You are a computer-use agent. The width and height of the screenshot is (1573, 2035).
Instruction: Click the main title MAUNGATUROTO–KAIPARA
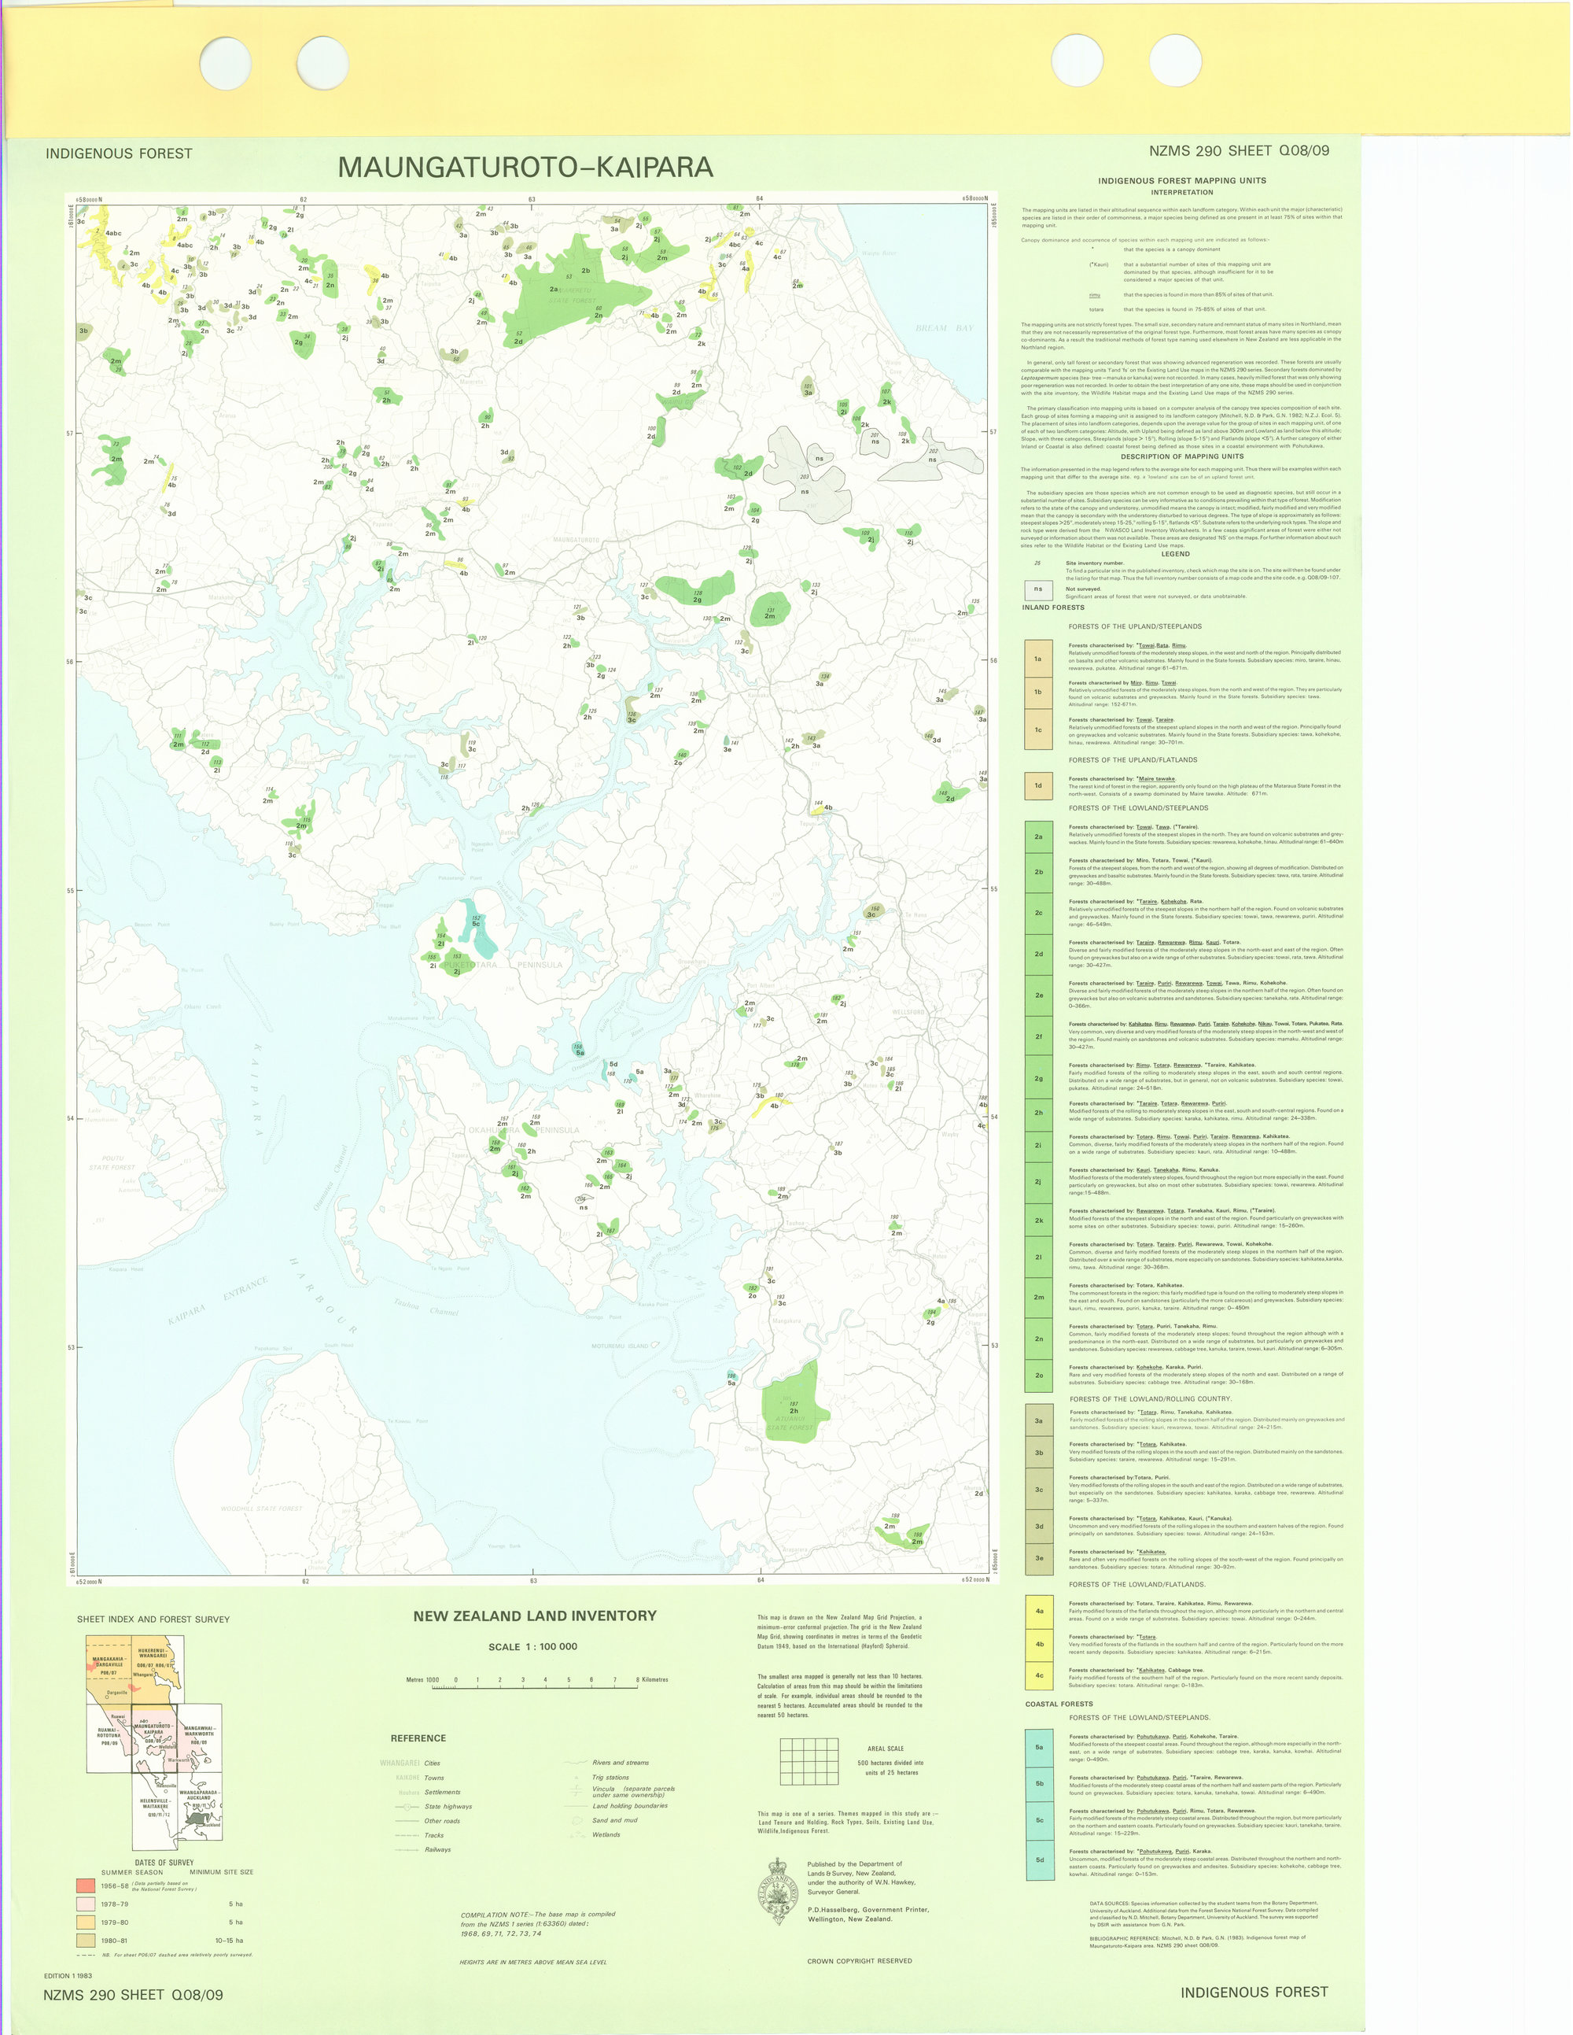click(x=525, y=168)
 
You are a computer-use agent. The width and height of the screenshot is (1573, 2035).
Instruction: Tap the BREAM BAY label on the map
click(x=944, y=328)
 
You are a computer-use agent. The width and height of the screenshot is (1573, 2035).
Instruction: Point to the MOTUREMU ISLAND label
click(x=619, y=1346)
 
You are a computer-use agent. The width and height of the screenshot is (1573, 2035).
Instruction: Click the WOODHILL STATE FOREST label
click(x=262, y=1509)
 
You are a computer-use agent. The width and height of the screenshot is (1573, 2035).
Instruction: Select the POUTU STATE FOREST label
click(x=112, y=1163)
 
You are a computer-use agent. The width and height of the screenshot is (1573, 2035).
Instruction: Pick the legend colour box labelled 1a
click(x=1038, y=659)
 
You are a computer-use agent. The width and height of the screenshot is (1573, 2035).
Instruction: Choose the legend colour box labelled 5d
click(x=1038, y=1860)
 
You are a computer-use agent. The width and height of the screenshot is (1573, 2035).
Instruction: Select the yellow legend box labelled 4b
click(x=1038, y=1644)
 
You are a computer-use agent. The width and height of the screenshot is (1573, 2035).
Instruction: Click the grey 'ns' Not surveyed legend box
click(x=1037, y=589)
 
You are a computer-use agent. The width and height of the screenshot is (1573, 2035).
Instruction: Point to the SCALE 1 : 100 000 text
click(x=532, y=1646)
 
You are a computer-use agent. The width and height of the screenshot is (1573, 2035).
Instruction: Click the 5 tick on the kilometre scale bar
click(x=568, y=1681)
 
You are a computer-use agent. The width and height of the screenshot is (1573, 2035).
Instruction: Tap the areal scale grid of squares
click(x=809, y=1761)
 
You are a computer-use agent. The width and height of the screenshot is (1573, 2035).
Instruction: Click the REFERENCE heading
click(x=418, y=1738)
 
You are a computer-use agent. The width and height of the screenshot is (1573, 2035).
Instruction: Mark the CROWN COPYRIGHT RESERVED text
click(x=859, y=1961)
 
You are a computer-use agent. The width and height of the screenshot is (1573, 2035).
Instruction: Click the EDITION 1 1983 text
click(x=68, y=1976)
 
